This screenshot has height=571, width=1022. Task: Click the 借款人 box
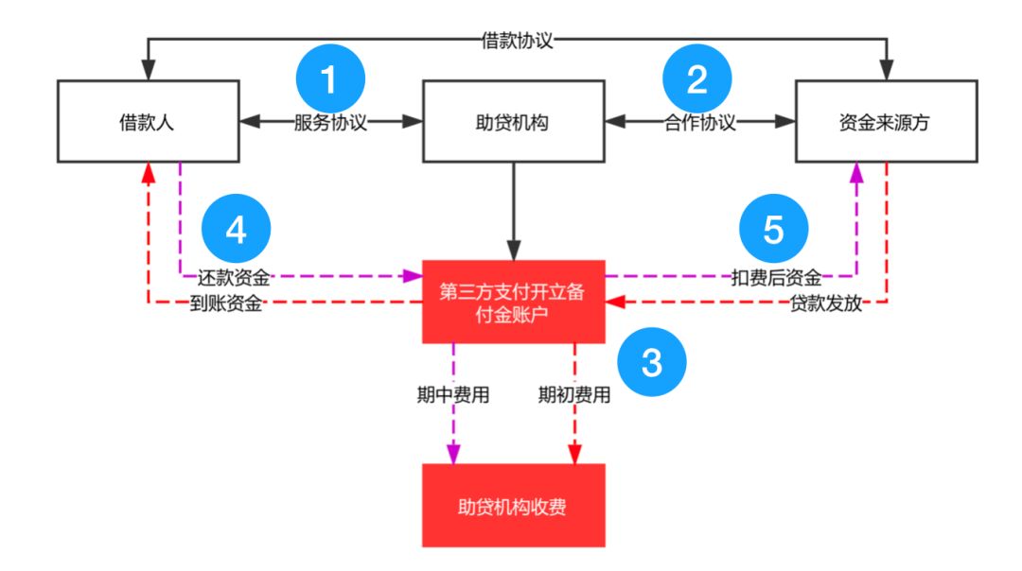click(x=149, y=121)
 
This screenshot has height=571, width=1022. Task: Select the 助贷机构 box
click(x=513, y=121)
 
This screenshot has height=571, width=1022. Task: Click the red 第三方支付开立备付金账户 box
click(x=513, y=302)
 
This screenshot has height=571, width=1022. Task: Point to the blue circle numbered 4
click(x=237, y=231)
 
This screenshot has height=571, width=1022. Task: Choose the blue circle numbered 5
click(x=773, y=231)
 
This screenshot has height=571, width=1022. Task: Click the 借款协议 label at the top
click(x=517, y=41)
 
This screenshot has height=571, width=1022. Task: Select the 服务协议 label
click(x=330, y=122)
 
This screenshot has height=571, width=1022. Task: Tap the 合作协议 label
click(x=698, y=122)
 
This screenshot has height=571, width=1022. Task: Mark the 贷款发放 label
click(x=826, y=304)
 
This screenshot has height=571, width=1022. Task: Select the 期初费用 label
click(x=574, y=395)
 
